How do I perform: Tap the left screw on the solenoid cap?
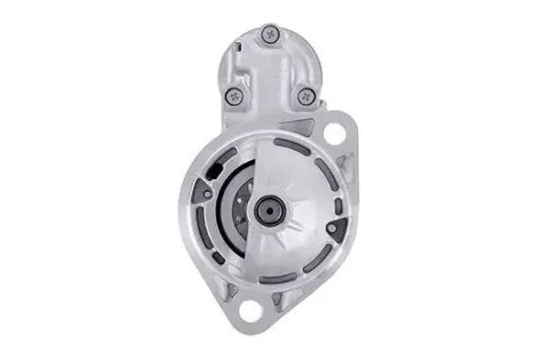click(234, 95)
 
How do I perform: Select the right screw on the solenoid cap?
click(306, 95)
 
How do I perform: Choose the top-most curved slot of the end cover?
click(295, 145)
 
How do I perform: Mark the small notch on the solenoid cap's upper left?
click(242, 44)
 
